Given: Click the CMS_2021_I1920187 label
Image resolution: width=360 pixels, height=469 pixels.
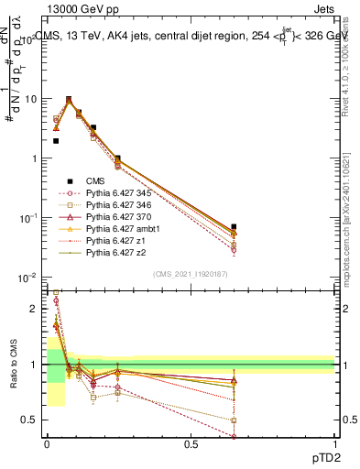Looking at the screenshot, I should (190, 274).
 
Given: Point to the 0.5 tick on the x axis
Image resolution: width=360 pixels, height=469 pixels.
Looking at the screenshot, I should (191, 442).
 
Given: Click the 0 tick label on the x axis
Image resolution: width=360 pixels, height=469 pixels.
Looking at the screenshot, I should (47, 442).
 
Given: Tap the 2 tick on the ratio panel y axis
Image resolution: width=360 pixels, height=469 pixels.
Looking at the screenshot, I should (34, 310).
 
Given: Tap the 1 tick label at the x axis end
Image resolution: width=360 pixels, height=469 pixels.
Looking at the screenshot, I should (335, 442).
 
